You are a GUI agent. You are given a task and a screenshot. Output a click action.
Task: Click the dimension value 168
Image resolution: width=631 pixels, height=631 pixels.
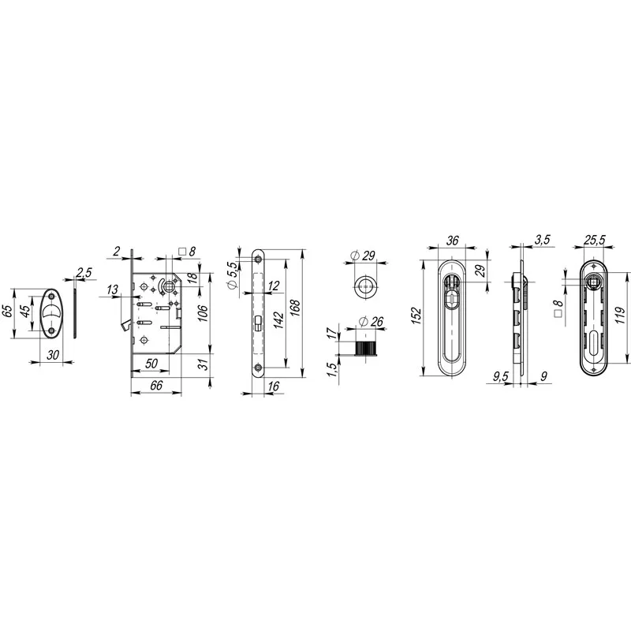pos(295,308)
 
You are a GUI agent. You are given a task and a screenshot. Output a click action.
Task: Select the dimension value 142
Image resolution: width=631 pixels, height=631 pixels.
pos(278,320)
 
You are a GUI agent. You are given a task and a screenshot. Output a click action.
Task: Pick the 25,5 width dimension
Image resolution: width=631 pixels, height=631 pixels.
pos(595,240)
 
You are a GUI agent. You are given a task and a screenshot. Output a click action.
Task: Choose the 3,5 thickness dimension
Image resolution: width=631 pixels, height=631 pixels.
pos(543,240)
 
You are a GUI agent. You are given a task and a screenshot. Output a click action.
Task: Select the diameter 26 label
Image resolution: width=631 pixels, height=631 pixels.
pos(371,322)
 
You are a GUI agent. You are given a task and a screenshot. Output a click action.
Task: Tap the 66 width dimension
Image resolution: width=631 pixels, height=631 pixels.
pos(156,385)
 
